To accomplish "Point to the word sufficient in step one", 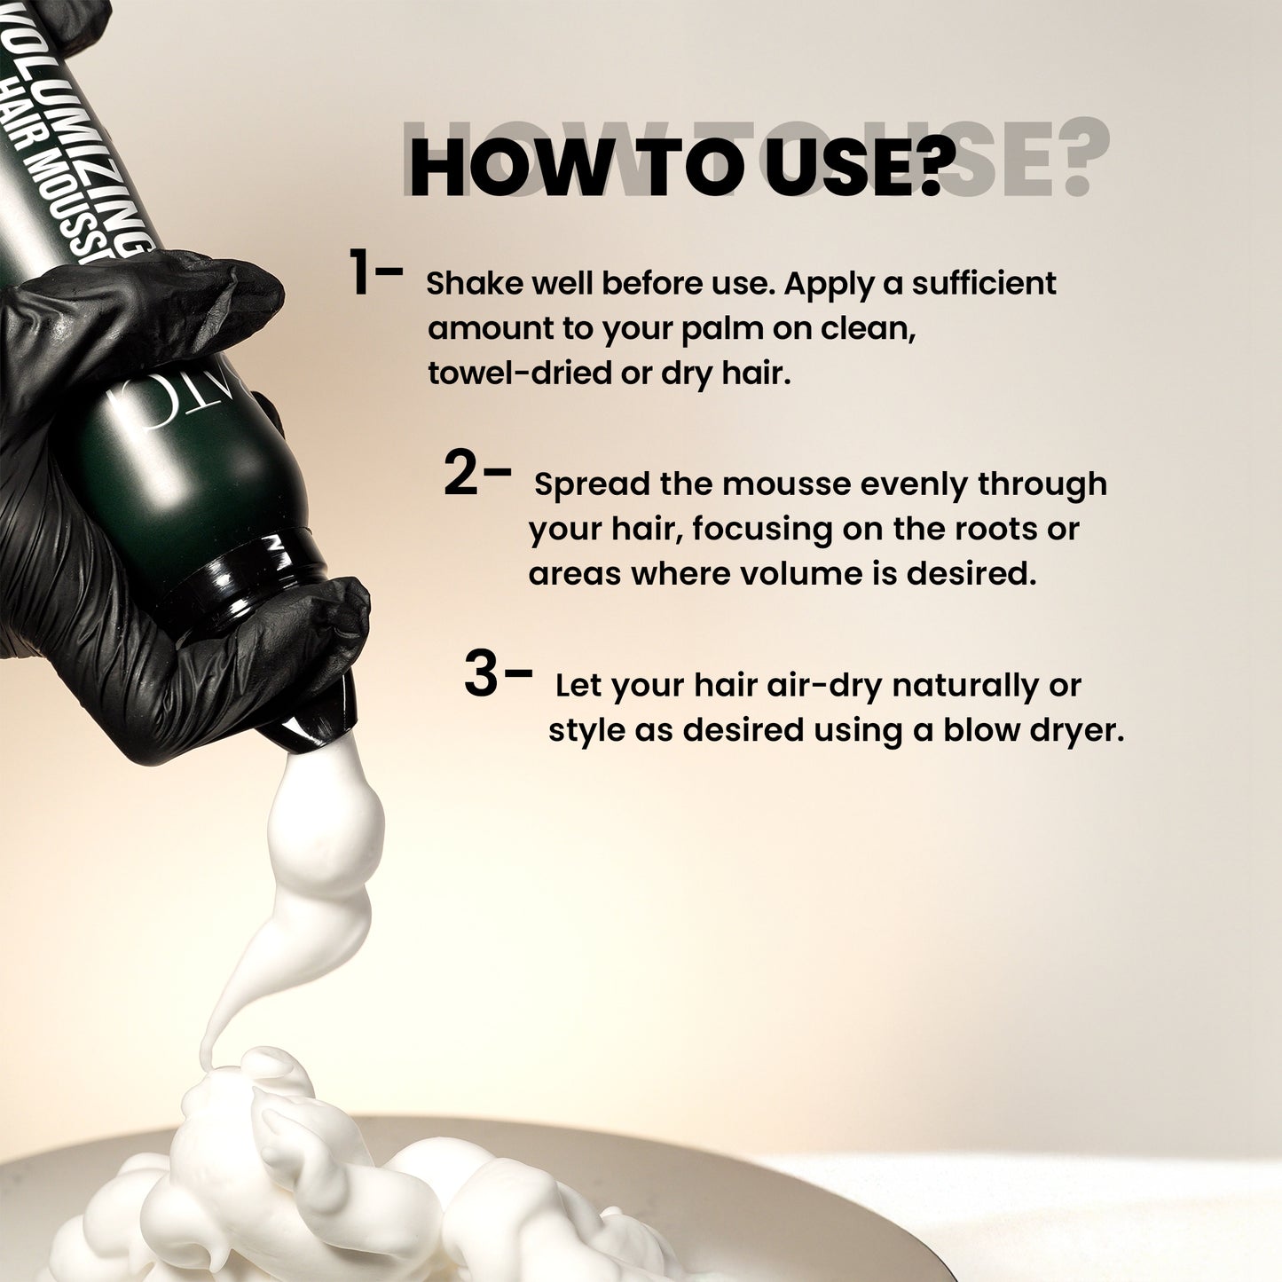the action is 984,283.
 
